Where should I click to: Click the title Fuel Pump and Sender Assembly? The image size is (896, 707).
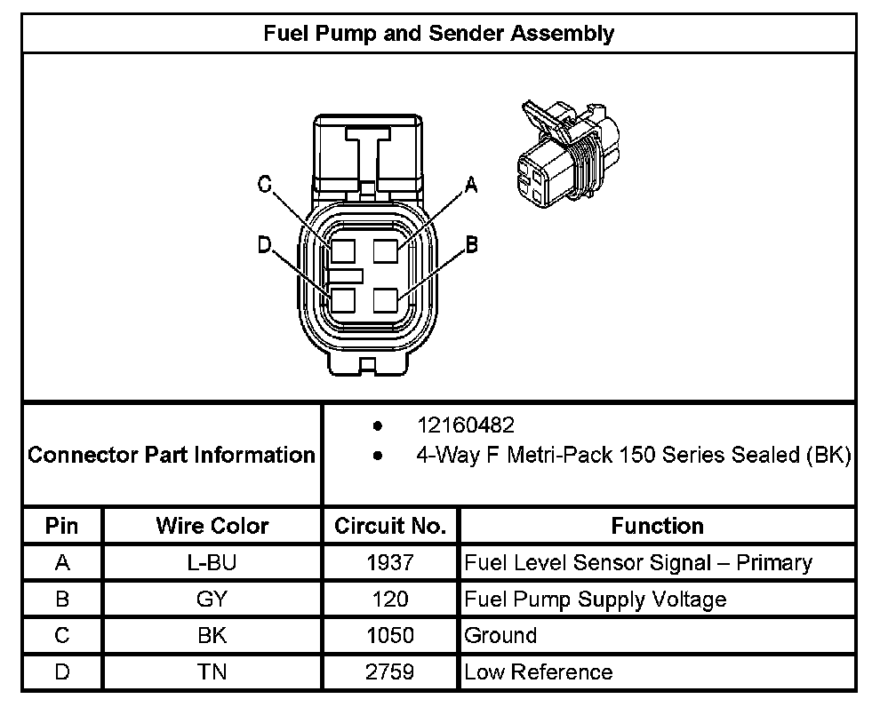[439, 34]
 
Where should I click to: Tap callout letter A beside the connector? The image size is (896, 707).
[471, 184]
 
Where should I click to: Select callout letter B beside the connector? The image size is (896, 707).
[472, 243]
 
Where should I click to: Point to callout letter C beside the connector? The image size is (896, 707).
[264, 184]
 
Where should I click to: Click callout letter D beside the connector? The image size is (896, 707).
[264, 244]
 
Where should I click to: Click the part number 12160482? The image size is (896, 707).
[466, 425]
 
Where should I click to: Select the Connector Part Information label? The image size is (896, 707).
[172, 456]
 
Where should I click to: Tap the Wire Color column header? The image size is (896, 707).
[212, 526]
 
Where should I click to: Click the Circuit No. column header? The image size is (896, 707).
[390, 526]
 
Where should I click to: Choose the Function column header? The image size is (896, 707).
[657, 526]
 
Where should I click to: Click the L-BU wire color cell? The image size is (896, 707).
[212, 562]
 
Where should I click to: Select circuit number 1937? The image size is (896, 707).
[390, 562]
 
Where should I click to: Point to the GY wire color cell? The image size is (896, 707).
[212, 599]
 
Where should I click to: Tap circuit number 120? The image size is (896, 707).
[390, 599]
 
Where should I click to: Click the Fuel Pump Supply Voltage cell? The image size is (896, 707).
[596, 600]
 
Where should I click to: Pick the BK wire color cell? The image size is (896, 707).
[212, 635]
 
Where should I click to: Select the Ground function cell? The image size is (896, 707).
[500, 636]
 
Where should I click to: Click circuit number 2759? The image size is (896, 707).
[390, 671]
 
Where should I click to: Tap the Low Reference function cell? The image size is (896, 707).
[538, 672]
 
